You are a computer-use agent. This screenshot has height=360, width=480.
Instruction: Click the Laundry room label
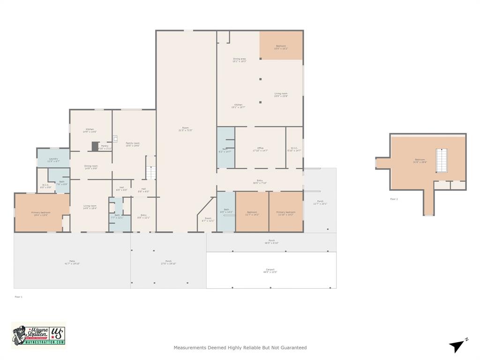point(53,160)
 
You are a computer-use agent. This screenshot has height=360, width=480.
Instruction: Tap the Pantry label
point(105,147)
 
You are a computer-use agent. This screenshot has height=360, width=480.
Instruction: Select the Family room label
point(133,144)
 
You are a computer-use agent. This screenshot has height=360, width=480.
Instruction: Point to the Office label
point(260,149)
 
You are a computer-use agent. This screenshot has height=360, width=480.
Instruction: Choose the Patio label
point(72,262)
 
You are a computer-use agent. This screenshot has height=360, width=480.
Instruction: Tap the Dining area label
point(239,60)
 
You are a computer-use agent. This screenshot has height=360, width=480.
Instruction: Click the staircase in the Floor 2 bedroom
point(442,161)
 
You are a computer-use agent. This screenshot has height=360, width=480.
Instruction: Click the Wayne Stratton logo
point(38,335)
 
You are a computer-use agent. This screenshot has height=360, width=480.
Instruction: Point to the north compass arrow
point(457,346)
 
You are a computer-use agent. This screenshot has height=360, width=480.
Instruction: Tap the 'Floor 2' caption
point(394,199)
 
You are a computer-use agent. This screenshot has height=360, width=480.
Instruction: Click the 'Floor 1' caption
point(18,297)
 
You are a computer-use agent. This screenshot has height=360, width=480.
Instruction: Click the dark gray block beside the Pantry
point(95,146)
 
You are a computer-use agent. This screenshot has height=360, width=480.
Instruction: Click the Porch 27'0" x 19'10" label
point(168,262)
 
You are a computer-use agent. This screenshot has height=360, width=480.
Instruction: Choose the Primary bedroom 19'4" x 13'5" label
point(41,213)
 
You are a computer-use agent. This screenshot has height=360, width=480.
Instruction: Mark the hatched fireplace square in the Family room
point(115,138)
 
